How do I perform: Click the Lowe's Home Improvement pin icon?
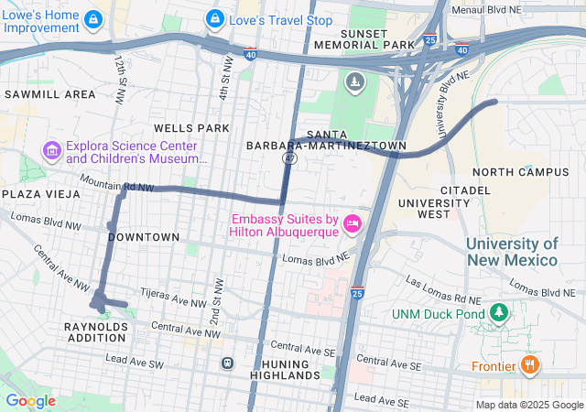pos(93,18)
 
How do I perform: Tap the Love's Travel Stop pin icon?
pos(214,17)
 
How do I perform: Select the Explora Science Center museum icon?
pos(51,150)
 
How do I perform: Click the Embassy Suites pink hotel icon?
pos(353,224)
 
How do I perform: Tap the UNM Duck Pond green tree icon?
pos(499,314)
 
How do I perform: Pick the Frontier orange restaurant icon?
pos(529,365)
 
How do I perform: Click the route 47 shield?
pos(289,159)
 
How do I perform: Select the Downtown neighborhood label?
pos(144,237)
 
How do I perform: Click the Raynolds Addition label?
pos(95,331)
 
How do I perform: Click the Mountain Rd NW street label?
pos(117,186)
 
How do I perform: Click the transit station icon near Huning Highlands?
pos(227,363)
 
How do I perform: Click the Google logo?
pos(30,401)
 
